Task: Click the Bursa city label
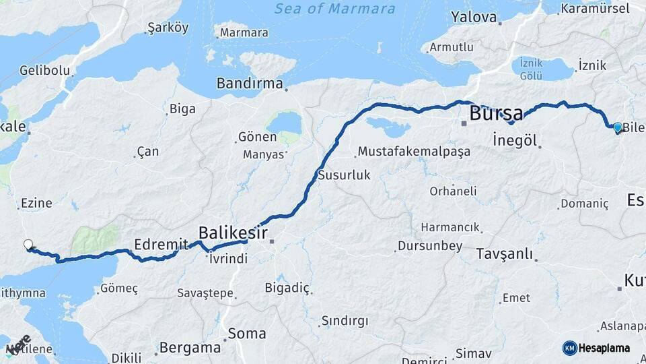click(497, 113)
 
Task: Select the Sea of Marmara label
click(335, 9)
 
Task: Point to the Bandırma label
click(250, 84)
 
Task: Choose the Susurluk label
click(345, 175)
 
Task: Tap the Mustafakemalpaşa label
click(414, 152)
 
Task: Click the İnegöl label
click(515, 141)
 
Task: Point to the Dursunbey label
click(430, 246)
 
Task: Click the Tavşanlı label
click(504, 254)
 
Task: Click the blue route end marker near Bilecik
click(618, 127)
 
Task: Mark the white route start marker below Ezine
click(28, 245)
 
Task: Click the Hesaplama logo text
click(604, 348)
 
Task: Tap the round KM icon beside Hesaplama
click(569, 348)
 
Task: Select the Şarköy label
click(168, 28)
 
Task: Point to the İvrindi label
click(228, 258)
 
